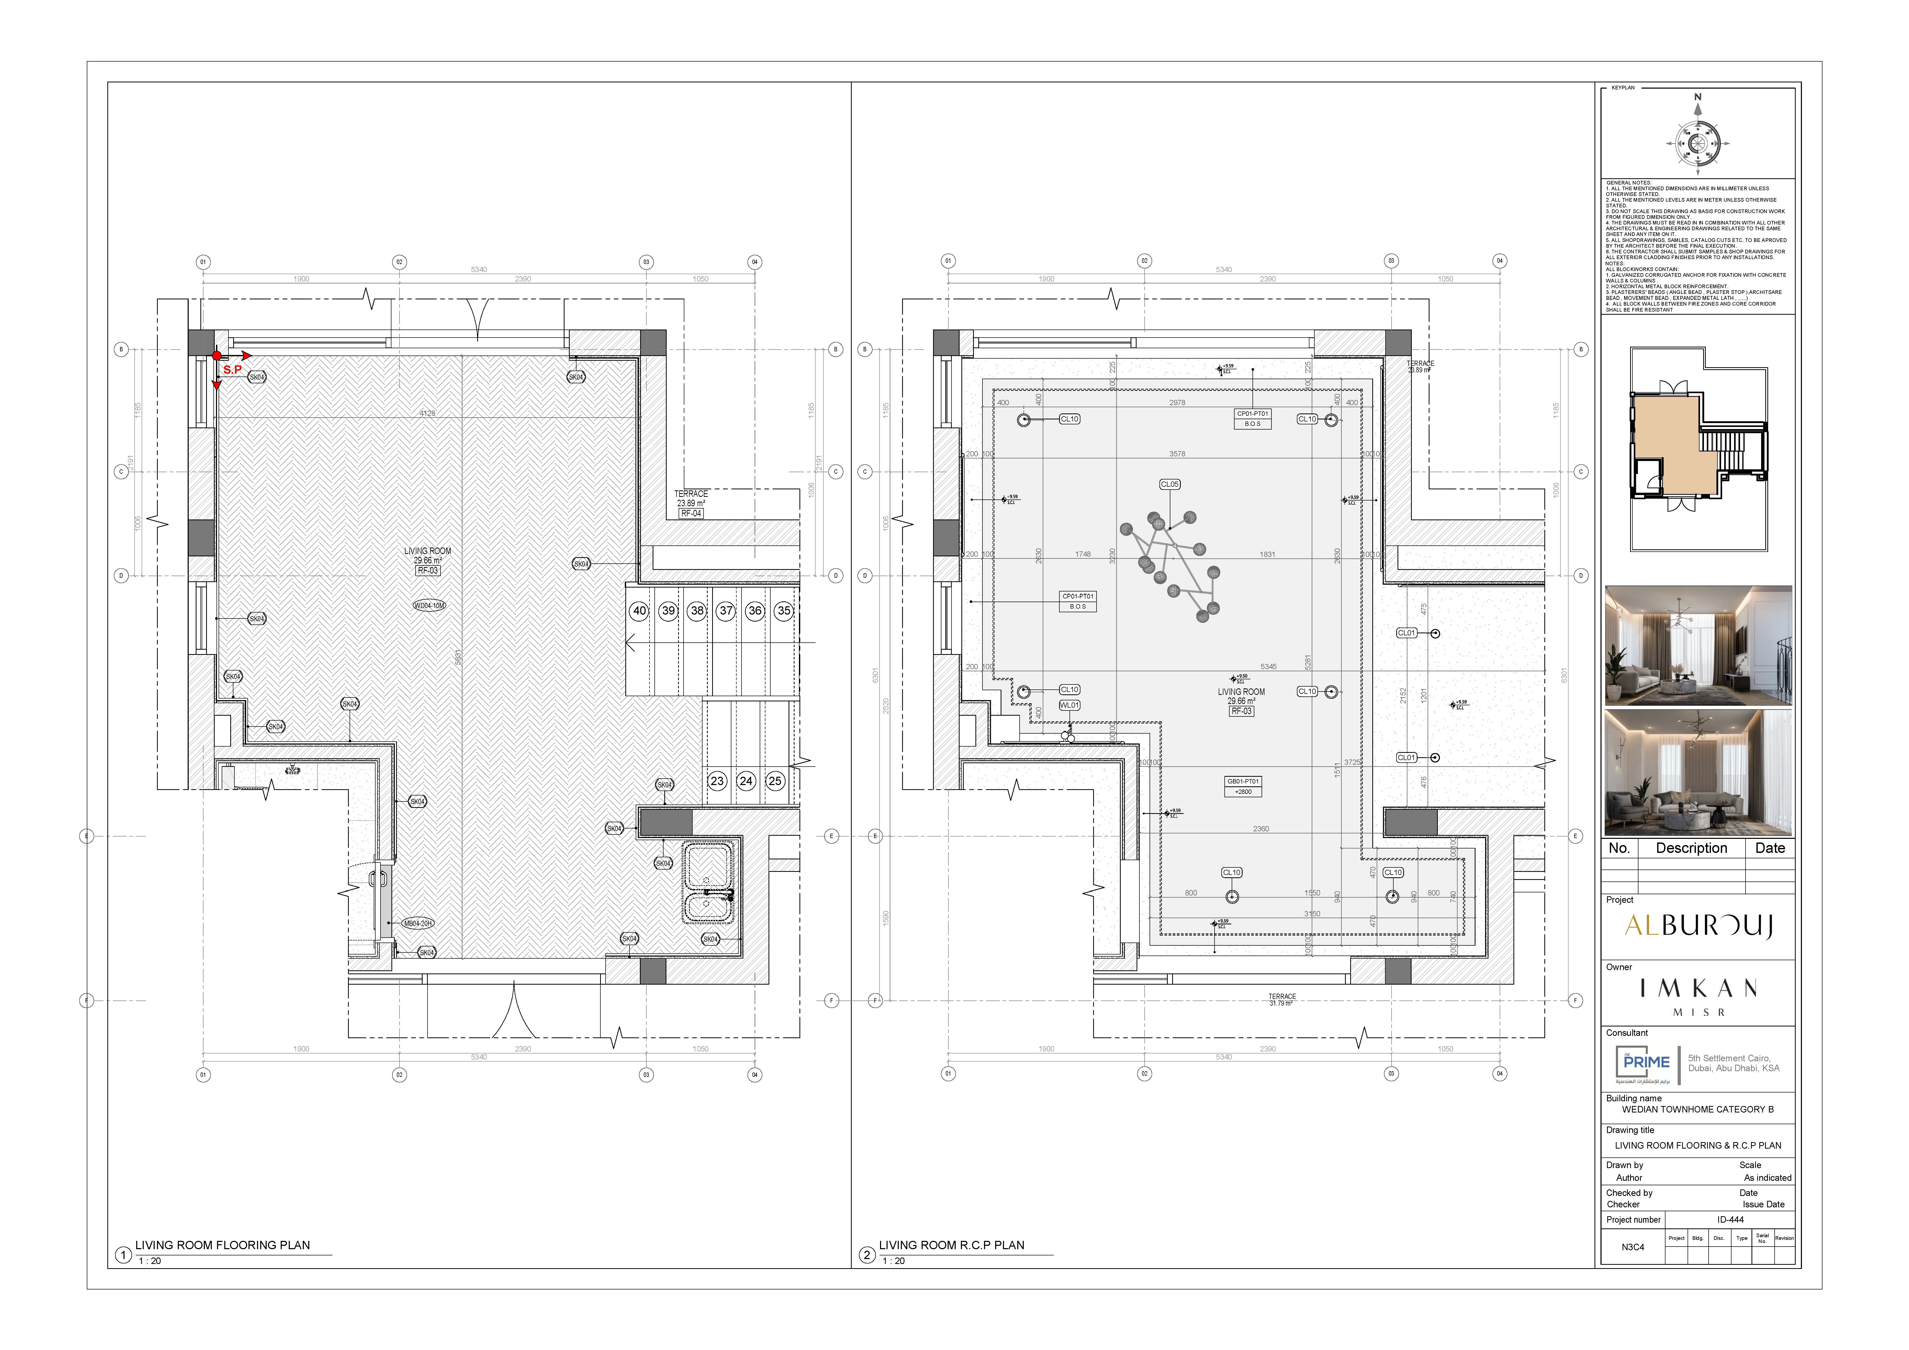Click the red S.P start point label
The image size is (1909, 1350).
[x=232, y=370]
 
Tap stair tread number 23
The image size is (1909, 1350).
[x=717, y=781]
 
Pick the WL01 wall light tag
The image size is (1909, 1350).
[x=1069, y=706]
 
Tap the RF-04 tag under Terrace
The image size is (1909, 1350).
[x=691, y=514]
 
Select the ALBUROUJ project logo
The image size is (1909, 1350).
[x=1698, y=926]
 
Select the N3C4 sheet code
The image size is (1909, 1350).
[x=1632, y=1247]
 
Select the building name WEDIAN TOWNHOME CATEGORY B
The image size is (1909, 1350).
[x=1697, y=1110]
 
